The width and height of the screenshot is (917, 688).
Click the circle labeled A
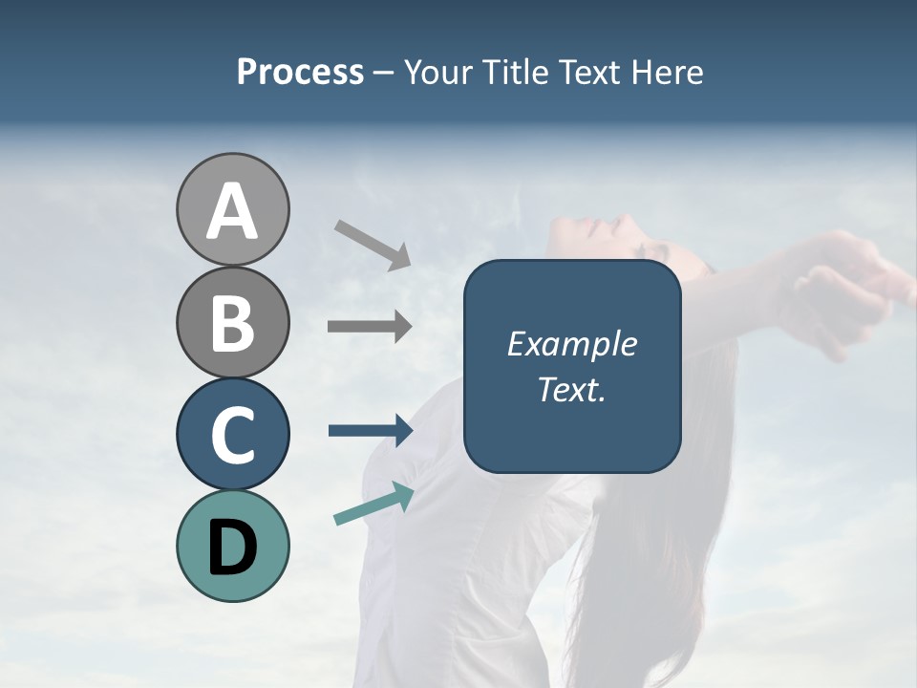click(x=232, y=209)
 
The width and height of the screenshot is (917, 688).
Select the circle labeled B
click(x=232, y=322)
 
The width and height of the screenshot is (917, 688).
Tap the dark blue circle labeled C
click(x=232, y=434)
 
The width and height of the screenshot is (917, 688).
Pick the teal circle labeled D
click(x=232, y=546)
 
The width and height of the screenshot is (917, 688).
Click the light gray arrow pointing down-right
click(x=373, y=244)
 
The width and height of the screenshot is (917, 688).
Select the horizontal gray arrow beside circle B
click(x=370, y=327)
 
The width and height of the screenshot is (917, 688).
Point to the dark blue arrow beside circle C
click(x=371, y=431)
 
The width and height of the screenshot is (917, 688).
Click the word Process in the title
click(x=300, y=72)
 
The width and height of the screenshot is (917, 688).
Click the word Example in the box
click(x=571, y=344)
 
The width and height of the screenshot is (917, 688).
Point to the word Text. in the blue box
click(x=571, y=389)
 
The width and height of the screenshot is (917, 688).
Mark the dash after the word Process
click(x=384, y=73)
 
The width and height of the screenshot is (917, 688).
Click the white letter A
click(x=232, y=210)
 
